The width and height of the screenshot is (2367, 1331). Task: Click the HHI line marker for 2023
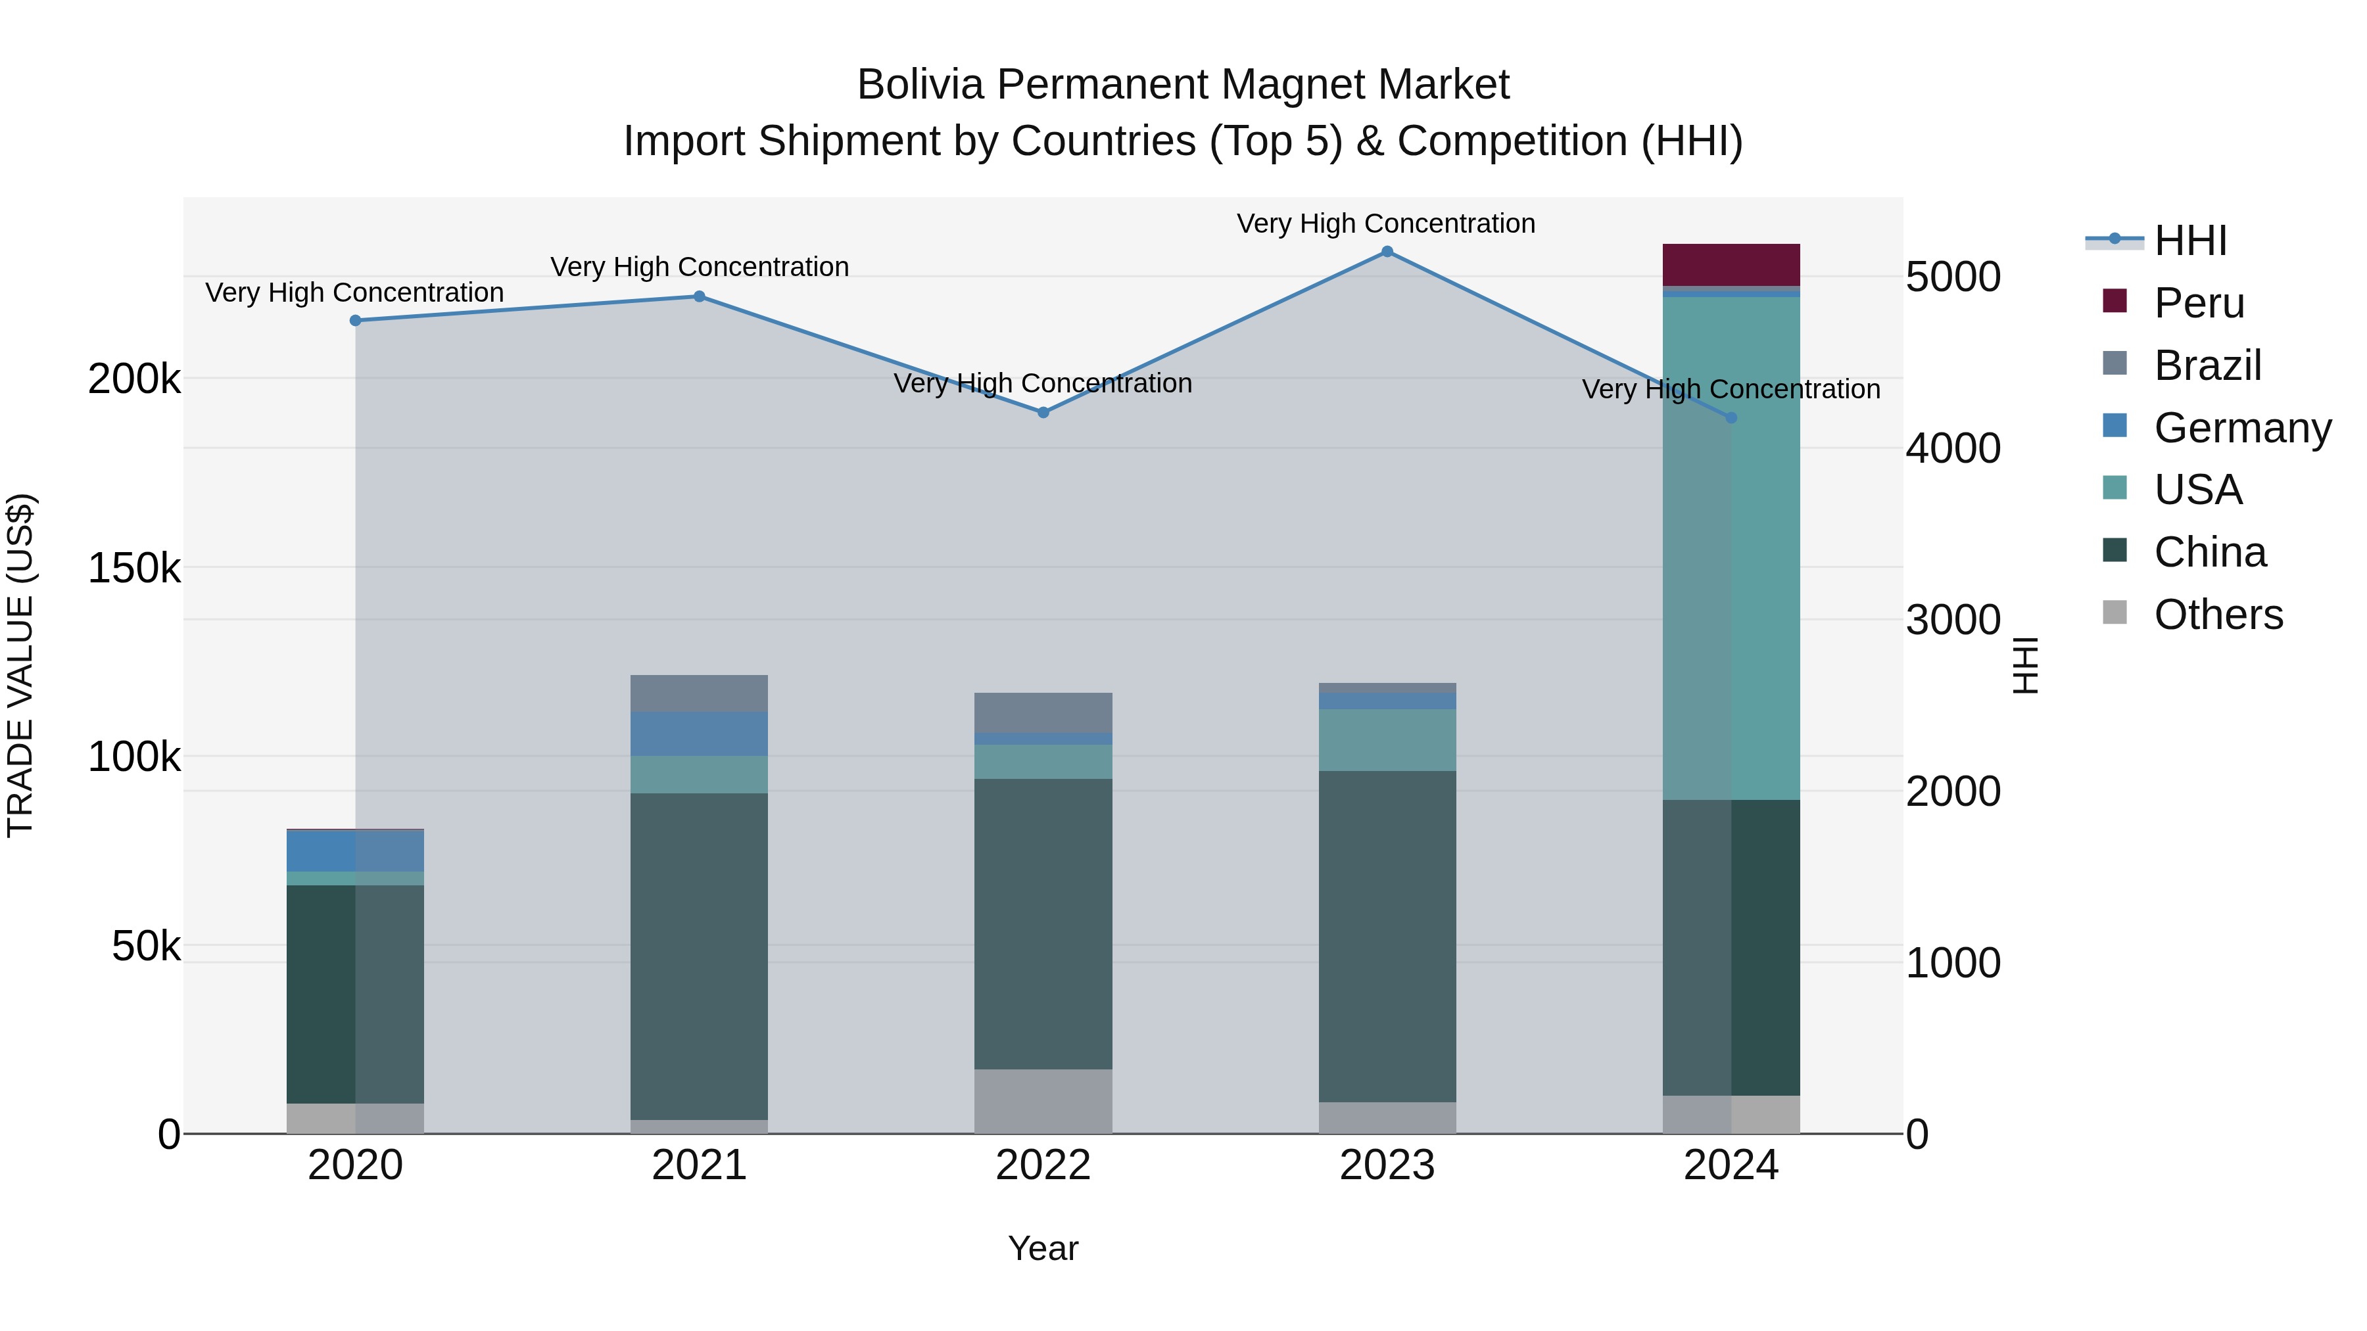(x=1387, y=252)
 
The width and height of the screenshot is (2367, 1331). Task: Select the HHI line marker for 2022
(x=1043, y=412)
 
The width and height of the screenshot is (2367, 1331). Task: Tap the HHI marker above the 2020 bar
(x=356, y=321)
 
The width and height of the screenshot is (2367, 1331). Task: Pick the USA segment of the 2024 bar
(x=1731, y=551)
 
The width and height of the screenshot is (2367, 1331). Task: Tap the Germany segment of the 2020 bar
(x=356, y=851)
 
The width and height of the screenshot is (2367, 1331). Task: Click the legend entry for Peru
(x=2199, y=303)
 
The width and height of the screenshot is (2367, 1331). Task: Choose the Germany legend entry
(x=2242, y=428)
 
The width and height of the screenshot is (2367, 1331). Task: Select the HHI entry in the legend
(x=2189, y=241)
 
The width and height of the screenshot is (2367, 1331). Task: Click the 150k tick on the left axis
(x=134, y=569)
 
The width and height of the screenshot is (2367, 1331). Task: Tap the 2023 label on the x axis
(x=1387, y=1165)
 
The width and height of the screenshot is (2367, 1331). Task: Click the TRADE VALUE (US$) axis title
(x=20, y=665)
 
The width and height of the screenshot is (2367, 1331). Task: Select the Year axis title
(x=1043, y=1248)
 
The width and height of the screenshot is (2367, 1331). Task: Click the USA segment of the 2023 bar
(x=1387, y=739)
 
